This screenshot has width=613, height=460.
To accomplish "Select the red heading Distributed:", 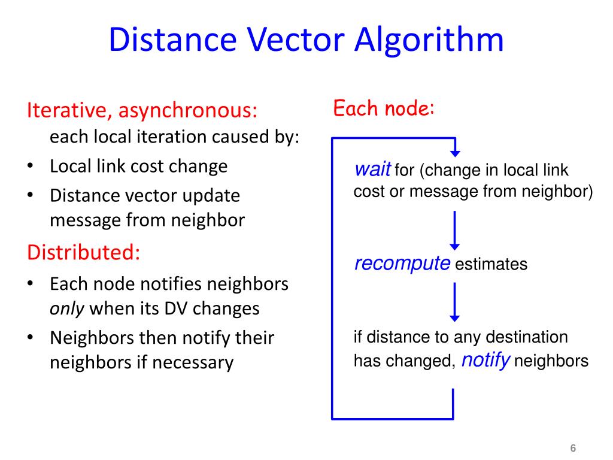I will (x=84, y=252).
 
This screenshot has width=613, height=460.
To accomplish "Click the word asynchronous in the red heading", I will (x=187, y=110).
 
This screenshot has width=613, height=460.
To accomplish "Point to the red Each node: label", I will (x=383, y=109).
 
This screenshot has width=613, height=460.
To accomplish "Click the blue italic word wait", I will (x=372, y=170).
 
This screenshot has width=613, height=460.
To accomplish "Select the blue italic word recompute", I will (x=402, y=264).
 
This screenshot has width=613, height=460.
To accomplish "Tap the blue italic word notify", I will (x=486, y=361).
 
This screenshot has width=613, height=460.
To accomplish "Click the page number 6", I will (x=573, y=449).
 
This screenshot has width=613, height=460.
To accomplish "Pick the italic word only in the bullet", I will (x=67, y=308).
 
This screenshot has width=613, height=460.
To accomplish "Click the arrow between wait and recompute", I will (x=454, y=231).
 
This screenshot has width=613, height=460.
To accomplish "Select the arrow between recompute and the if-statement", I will (x=454, y=302).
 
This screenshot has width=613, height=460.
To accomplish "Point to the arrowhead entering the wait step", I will (x=454, y=150).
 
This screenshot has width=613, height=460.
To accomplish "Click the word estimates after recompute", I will (x=491, y=265).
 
